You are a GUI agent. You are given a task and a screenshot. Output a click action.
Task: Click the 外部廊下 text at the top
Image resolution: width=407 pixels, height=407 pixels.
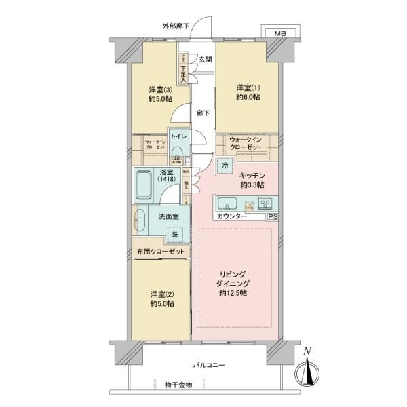click(x=176, y=27)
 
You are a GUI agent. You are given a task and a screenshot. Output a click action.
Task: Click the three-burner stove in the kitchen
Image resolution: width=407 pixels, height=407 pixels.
click(x=265, y=203)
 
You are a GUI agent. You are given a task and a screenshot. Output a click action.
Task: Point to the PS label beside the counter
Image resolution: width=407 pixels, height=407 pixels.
click(x=272, y=217)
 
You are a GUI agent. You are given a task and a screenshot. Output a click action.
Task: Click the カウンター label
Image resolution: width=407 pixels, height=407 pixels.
click(x=233, y=217)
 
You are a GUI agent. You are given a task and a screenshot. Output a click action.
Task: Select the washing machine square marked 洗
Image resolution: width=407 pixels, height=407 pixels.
click(x=176, y=235)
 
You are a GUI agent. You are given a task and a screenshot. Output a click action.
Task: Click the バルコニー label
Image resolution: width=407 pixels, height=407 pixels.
click(x=209, y=366)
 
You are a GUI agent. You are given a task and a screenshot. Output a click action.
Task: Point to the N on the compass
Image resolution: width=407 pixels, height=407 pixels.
click(x=307, y=351)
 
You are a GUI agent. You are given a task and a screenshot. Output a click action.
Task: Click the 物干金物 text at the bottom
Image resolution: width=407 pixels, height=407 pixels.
click(x=178, y=385)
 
